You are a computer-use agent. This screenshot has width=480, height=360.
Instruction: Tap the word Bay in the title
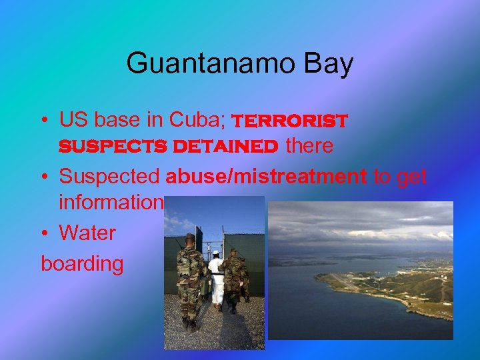point(329,64)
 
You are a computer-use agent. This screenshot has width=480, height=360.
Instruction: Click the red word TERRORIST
point(289,121)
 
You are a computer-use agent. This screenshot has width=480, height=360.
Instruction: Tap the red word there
point(309,146)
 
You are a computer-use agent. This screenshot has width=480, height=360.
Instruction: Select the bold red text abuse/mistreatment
point(266,176)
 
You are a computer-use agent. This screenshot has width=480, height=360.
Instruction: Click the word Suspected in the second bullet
point(109,176)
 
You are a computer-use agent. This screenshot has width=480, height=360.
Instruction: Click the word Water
point(87,233)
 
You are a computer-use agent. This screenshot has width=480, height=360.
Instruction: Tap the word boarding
point(83,264)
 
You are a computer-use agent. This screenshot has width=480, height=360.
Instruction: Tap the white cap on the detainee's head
point(215,254)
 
